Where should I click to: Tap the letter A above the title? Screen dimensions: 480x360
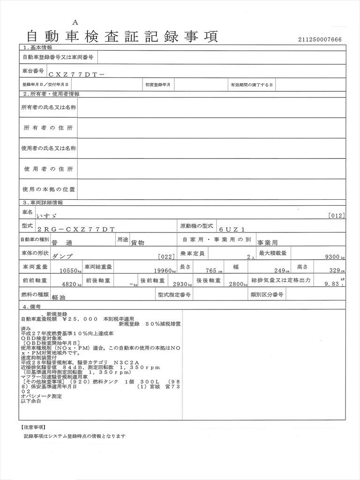[75, 22]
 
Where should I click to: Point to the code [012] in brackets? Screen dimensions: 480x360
[337, 216]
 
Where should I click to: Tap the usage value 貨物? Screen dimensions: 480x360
[137, 243]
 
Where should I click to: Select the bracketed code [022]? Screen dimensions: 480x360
[166, 257]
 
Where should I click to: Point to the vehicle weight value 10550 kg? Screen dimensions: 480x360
[68, 271]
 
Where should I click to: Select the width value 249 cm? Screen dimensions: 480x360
[283, 271]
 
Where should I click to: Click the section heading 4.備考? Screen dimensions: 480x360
[34, 307]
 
